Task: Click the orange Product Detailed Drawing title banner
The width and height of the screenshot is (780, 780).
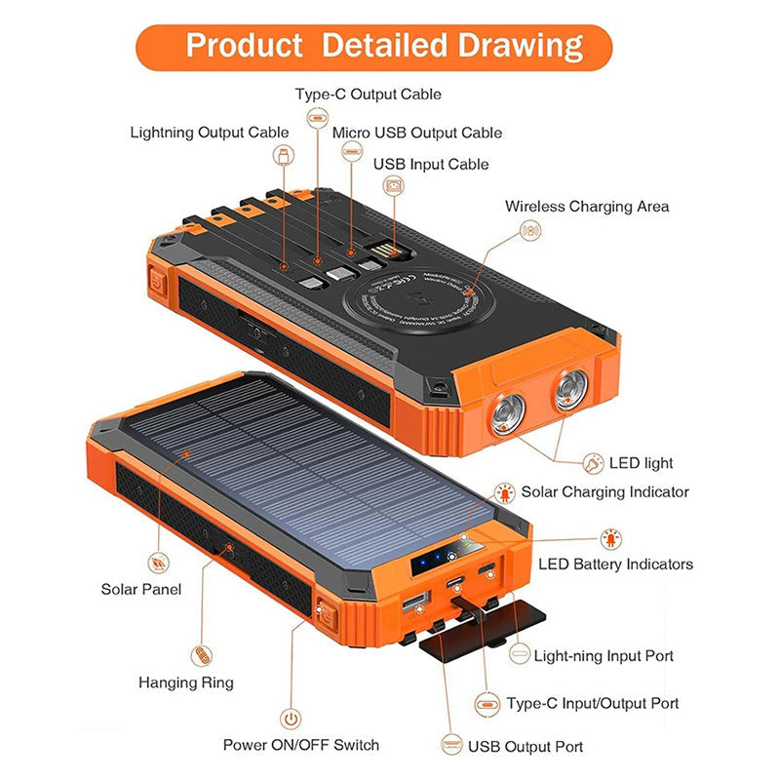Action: click(384, 46)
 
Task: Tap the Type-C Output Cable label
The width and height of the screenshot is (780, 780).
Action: click(369, 95)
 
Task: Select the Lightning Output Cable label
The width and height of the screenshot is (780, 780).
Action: click(210, 133)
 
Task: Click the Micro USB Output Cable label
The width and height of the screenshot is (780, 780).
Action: click(417, 133)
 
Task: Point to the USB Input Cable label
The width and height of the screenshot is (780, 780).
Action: click(431, 164)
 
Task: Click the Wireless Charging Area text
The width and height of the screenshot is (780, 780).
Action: click(587, 207)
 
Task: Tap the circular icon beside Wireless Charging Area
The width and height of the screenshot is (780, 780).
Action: click(531, 231)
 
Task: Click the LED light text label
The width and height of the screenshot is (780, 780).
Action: click(641, 463)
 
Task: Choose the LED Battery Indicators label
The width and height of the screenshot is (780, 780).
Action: click(615, 565)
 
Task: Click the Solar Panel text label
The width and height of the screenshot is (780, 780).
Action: click(141, 589)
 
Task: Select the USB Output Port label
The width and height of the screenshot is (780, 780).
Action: click(526, 747)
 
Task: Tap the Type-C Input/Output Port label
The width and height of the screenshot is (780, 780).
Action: click(593, 703)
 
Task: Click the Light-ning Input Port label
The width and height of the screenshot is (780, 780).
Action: click(604, 656)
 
